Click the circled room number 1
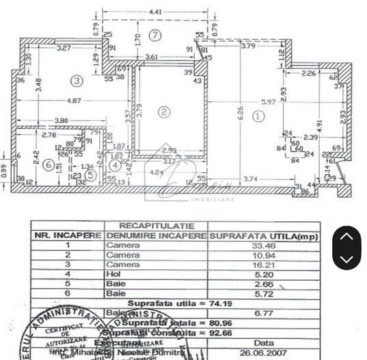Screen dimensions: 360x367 (x=257, y=116)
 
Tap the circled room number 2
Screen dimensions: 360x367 (x=163, y=111)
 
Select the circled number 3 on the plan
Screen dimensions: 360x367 (x=77, y=81)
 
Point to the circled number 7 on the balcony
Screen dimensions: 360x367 (x=156, y=35)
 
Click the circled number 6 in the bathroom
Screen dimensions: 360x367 (x=48, y=165)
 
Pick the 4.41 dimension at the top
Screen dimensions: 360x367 (x=156, y=12)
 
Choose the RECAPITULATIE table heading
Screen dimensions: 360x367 (x=156, y=225)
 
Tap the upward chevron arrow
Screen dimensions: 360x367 (x=346, y=236)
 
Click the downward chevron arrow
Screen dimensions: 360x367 (x=346, y=258)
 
